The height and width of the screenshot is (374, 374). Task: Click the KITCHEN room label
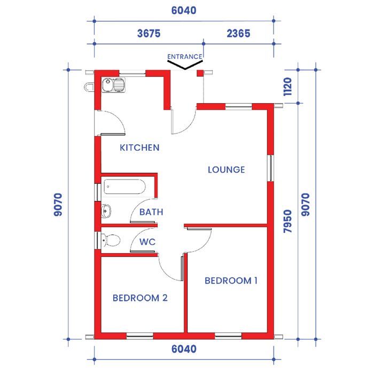coord(139,147)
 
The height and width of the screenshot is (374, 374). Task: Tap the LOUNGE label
coord(227,170)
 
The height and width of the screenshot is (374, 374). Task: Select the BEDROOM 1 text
coord(231,280)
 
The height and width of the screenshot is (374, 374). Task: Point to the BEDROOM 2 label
coord(140,298)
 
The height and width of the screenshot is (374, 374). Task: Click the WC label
coord(147,242)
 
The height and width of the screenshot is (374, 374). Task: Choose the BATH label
coord(151,212)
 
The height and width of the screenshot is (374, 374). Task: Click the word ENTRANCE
coord(185,57)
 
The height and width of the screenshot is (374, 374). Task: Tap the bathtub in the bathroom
coord(124,187)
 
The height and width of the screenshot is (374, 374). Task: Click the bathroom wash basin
coord(106,211)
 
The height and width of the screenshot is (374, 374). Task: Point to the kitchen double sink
coord(113,85)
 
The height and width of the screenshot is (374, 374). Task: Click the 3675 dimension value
coord(149,33)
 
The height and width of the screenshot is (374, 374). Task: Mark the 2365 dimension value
coord(238,33)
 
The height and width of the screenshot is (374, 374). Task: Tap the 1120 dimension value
coord(287,87)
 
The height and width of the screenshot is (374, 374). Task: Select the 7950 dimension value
coord(287,221)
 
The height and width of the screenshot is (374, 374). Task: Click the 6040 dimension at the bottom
coord(184,349)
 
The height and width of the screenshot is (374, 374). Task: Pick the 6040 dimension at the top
coord(184,11)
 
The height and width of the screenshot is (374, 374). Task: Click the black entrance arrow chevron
coord(185,65)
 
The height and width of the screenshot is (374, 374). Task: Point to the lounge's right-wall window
coord(270,168)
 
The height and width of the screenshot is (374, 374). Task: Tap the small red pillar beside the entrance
coord(200,73)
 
